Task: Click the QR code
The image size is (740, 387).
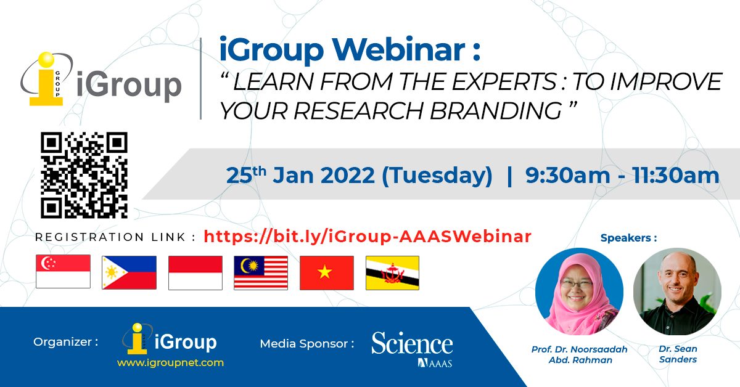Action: pyautogui.click(x=84, y=175)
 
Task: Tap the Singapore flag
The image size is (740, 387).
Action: pyautogui.click(x=64, y=272)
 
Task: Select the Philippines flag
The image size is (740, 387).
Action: pyautogui.click(x=129, y=272)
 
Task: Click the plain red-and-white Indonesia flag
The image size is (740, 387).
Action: pyautogui.click(x=195, y=272)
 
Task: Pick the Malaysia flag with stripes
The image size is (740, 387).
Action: pyautogui.click(x=261, y=272)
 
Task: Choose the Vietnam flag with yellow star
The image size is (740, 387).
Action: pyautogui.click(x=327, y=272)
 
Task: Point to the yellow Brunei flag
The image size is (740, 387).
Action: pyautogui.click(x=392, y=272)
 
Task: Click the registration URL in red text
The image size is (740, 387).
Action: pyautogui.click(x=367, y=236)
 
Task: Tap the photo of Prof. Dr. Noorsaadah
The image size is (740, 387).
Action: pyautogui.click(x=579, y=291)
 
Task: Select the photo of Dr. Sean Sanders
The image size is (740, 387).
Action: pyautogui.click(x=677, y=291)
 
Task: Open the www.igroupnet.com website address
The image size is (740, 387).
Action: pyautogui.click(x=170, y=363)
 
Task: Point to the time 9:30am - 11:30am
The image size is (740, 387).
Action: pyautogui.click(x=622, y=176)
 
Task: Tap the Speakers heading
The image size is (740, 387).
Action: pyautogui.click(x=628, y=237)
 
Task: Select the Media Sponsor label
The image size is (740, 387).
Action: pyautogui.click(x=307, y=343)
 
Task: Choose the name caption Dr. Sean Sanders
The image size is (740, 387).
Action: pyautogui.click(x=678, y=354)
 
